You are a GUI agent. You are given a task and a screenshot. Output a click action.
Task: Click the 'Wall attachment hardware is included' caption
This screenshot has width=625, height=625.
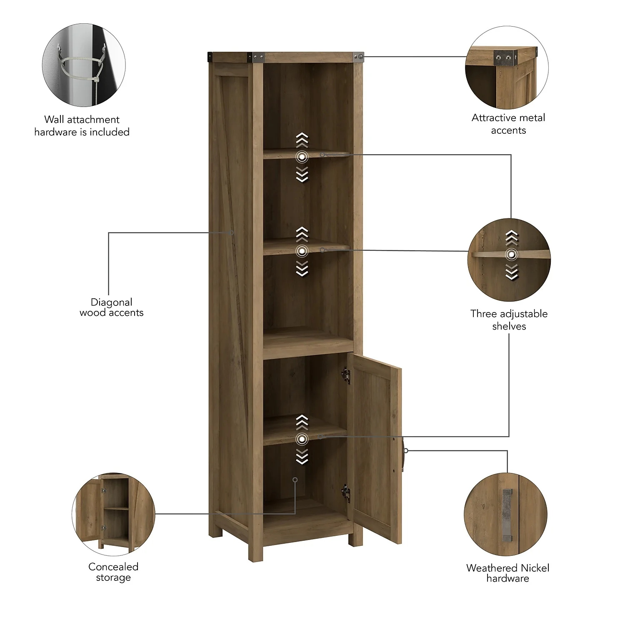click(82, 126)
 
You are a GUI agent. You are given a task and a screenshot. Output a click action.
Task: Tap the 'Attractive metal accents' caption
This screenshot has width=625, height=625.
click(508, 124)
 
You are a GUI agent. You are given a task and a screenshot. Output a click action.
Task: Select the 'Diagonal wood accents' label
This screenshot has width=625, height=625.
click(112, 307)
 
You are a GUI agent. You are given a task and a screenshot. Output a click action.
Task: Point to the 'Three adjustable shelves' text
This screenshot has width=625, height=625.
click(509, 320)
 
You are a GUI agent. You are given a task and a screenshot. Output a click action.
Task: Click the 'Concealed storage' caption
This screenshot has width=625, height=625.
click(113, 572)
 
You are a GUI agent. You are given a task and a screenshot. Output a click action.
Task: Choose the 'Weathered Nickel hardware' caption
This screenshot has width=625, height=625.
click(507, 573)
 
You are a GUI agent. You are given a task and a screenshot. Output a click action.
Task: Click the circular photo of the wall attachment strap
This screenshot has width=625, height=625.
click(84, 65)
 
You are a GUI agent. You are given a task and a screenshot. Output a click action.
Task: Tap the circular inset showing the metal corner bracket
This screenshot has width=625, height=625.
click(507, 68)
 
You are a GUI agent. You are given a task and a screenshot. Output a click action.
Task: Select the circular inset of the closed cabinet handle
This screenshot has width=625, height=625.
click(505, 514)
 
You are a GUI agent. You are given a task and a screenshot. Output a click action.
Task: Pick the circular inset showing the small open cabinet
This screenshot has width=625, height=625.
click(113, 514)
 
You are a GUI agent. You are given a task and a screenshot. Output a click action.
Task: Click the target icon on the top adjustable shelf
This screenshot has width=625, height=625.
click(302, 157)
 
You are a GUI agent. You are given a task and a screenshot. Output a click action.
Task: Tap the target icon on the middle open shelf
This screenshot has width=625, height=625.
click(302, 251)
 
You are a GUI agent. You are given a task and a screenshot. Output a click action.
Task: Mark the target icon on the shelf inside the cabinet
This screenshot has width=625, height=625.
click(302, 439)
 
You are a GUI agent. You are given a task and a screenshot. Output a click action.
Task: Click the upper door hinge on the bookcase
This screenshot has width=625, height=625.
click(345, 375)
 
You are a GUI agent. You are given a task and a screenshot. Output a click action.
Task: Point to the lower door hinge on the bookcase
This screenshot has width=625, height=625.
click(345, 493)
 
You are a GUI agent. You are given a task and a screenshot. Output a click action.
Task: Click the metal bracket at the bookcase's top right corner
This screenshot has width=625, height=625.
click(358, 57)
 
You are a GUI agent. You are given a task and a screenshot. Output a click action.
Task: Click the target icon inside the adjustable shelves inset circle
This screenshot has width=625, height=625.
click(511, 255)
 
